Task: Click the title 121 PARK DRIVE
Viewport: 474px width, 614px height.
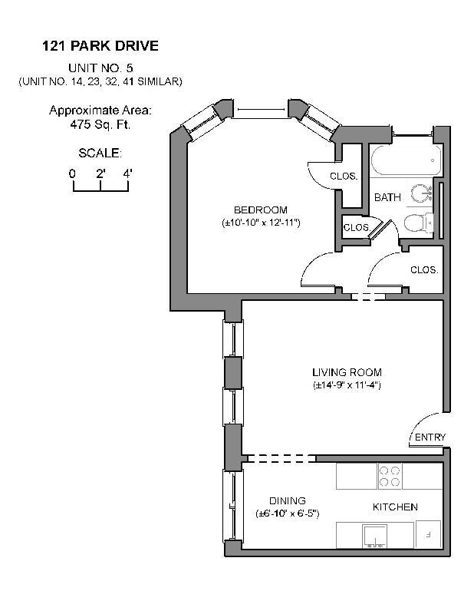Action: click(x=100, y=47)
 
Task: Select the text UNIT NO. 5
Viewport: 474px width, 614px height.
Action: click(x=100, y=68)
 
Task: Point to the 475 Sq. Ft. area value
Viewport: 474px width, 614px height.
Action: click(x=100, y=124)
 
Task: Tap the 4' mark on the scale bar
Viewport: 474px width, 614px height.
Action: click(x=127, y=174)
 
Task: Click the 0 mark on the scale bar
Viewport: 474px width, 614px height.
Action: click(x=72, y=174)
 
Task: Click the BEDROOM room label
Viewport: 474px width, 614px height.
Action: click(x=260, y=210)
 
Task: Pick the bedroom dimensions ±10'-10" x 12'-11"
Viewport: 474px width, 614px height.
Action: click(x=260, y=223)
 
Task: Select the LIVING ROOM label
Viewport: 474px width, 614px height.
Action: click(x=347, y=373)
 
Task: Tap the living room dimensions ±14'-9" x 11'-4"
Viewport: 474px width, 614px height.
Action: click(x=347, y=385)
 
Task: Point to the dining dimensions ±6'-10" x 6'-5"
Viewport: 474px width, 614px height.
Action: click(x=287, y=513)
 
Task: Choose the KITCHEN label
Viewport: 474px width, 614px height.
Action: click(x=395, y=507)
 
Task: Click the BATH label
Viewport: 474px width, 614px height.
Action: click(x=387, y=198)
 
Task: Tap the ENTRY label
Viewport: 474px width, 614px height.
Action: click(x=430, y=437)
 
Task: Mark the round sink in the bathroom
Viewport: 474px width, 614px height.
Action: click(x=421, y=193)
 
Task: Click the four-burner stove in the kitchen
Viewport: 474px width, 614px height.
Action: click(x=390, y=477)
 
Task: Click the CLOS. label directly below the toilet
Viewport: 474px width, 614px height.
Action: click(x=423, y=270)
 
